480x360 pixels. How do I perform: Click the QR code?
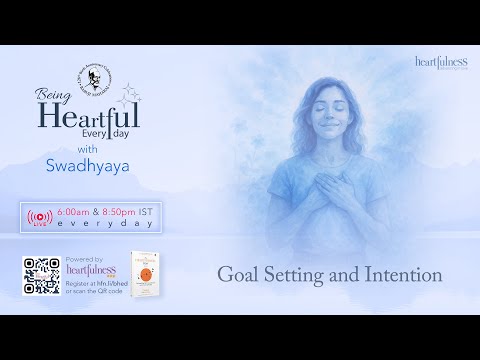(x=41, y=275)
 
